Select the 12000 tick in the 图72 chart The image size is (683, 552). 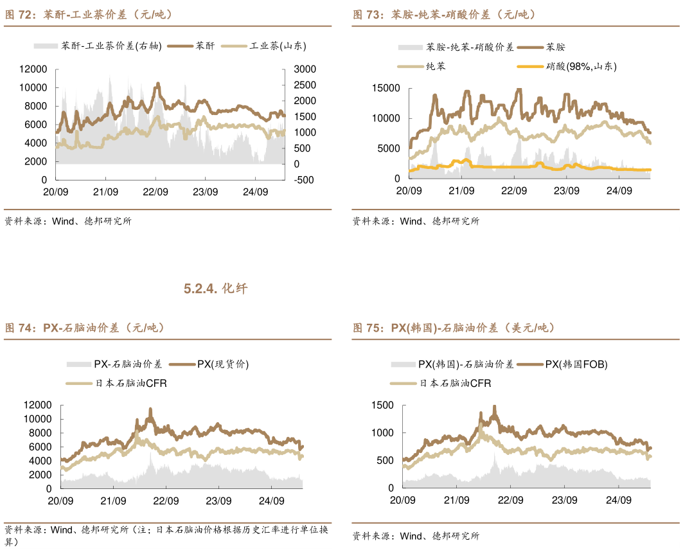click(33, 69)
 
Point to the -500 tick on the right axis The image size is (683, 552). click(304, 180)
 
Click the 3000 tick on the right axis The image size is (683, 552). click(305, 69)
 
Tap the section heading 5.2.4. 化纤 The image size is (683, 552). click(215, 289)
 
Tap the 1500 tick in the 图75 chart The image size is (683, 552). click(384, 405)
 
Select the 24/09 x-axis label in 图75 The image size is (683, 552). click(619, 499)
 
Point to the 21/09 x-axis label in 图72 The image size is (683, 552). click(105, 191)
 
